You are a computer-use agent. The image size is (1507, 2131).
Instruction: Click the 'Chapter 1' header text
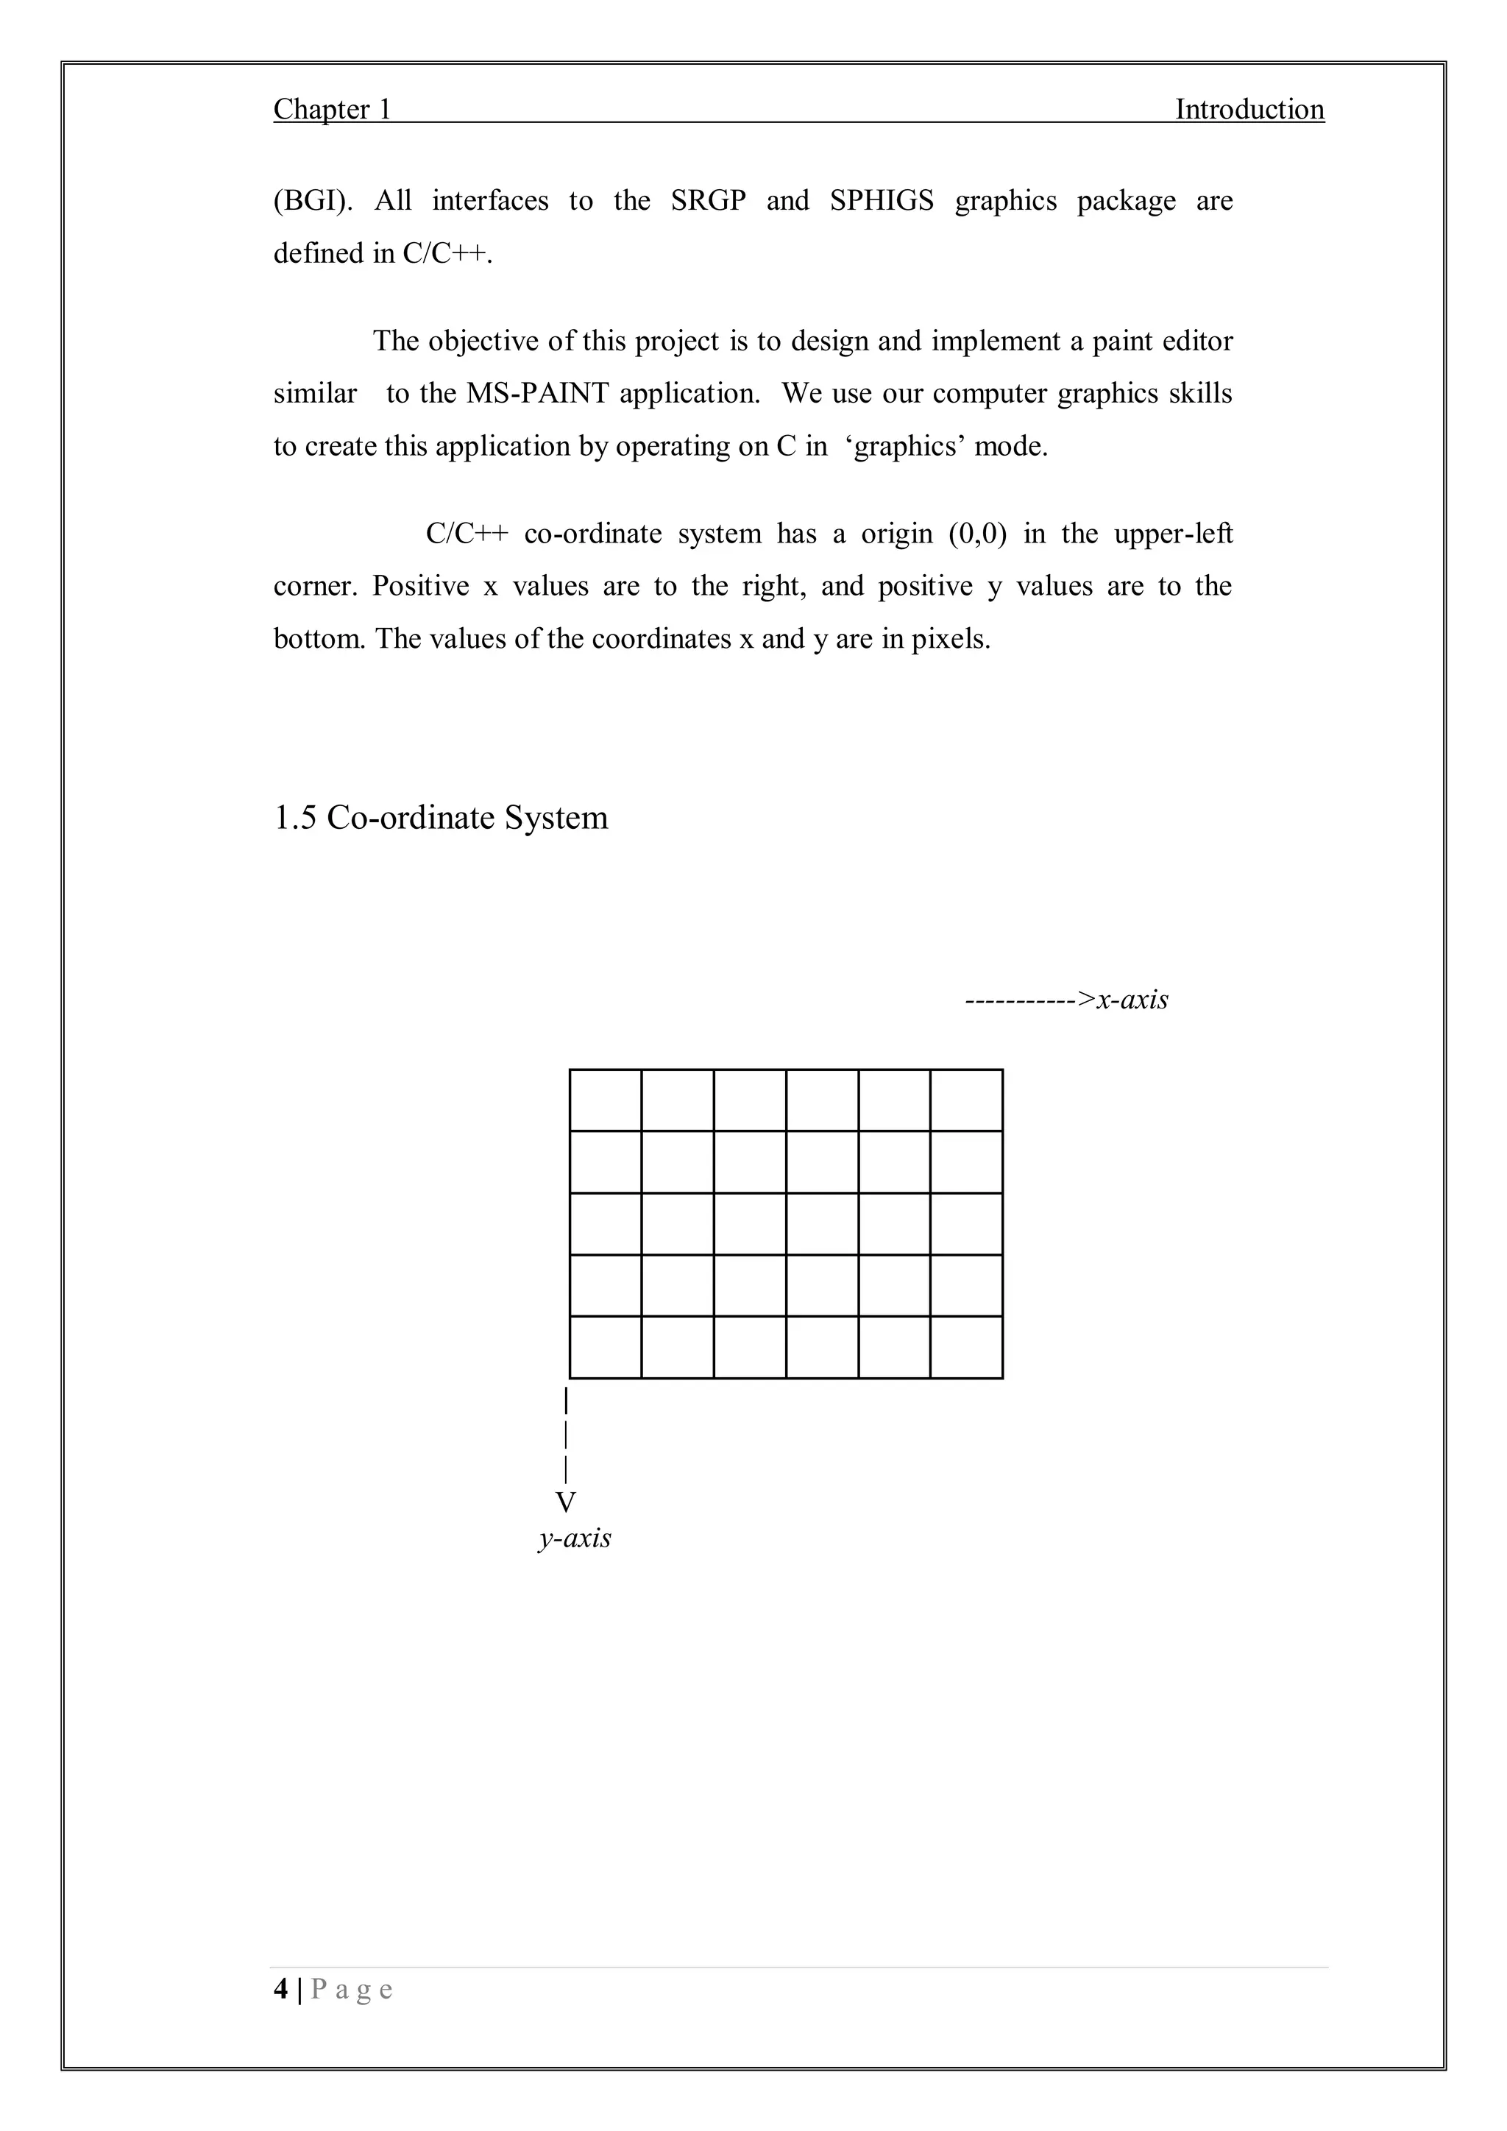click(332, 110)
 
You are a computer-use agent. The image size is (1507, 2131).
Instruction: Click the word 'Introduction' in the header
click(1249, 110)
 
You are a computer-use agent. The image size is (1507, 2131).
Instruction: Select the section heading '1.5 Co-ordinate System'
click(441, 818)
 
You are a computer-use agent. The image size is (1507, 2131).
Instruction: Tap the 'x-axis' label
click(1132, 1000)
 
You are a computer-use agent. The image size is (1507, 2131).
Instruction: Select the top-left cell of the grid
click(605, 1100)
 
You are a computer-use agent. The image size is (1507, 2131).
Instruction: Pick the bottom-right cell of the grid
click(966, 1347)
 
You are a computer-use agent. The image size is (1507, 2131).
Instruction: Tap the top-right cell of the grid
click(966, 1100)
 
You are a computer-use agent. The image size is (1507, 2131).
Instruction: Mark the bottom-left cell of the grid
click(605, 1347)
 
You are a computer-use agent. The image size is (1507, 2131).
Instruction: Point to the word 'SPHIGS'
click(882, 202)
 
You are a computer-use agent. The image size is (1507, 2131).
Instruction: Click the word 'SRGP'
click(708, 202)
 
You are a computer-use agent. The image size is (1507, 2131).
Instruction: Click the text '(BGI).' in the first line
click(313, 202)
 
